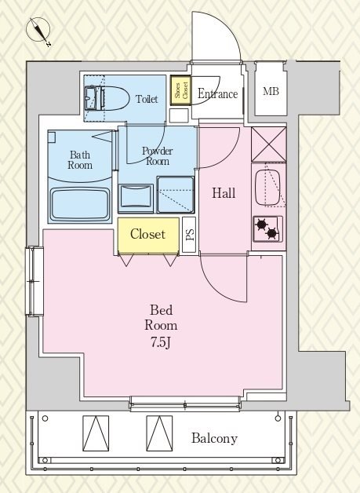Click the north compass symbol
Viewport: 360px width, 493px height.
38,31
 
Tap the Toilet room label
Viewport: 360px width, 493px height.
147,99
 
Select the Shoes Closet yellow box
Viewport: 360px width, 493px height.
180,90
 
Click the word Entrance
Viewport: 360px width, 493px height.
217,93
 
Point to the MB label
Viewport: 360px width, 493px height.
271,91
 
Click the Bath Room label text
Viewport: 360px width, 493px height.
80,159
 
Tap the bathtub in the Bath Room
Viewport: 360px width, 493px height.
80,204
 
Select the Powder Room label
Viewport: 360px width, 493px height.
158,155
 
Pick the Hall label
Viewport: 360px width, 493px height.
224,193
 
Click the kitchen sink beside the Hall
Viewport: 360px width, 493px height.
267,188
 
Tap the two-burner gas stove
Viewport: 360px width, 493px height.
267,229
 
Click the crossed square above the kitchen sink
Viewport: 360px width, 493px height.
269,144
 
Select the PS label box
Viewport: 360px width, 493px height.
189,235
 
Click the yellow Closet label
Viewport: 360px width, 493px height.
147,234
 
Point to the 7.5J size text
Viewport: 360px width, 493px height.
161,342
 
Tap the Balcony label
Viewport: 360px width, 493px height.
215,438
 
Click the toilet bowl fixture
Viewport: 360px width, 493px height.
107,98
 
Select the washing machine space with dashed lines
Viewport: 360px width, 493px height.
175,195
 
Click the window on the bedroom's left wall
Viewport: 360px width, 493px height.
35,281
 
